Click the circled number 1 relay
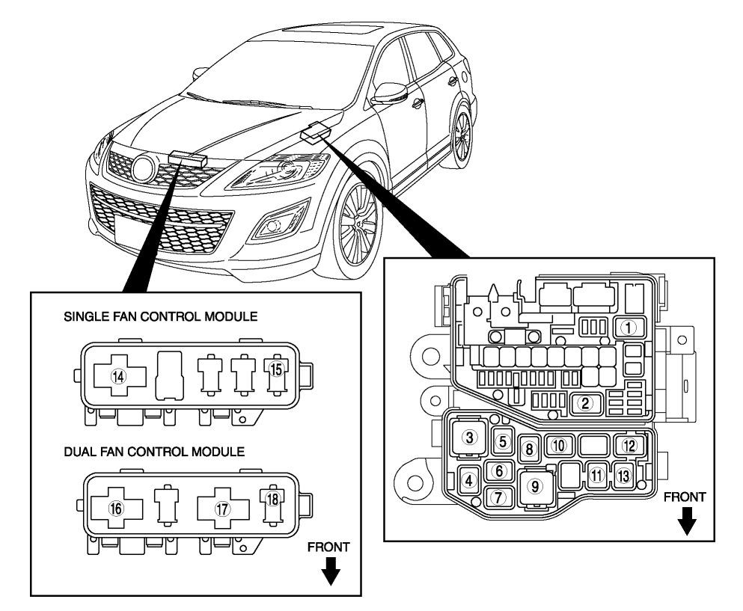tap(629, 327)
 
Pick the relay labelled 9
tap(535, 486)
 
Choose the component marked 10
tap(558, 446)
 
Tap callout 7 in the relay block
tap(499, 496)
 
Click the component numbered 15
tap(277, 369)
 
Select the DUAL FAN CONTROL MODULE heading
tap(154, 454)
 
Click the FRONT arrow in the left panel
tap(329, 567)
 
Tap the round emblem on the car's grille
tap(142, 169)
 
